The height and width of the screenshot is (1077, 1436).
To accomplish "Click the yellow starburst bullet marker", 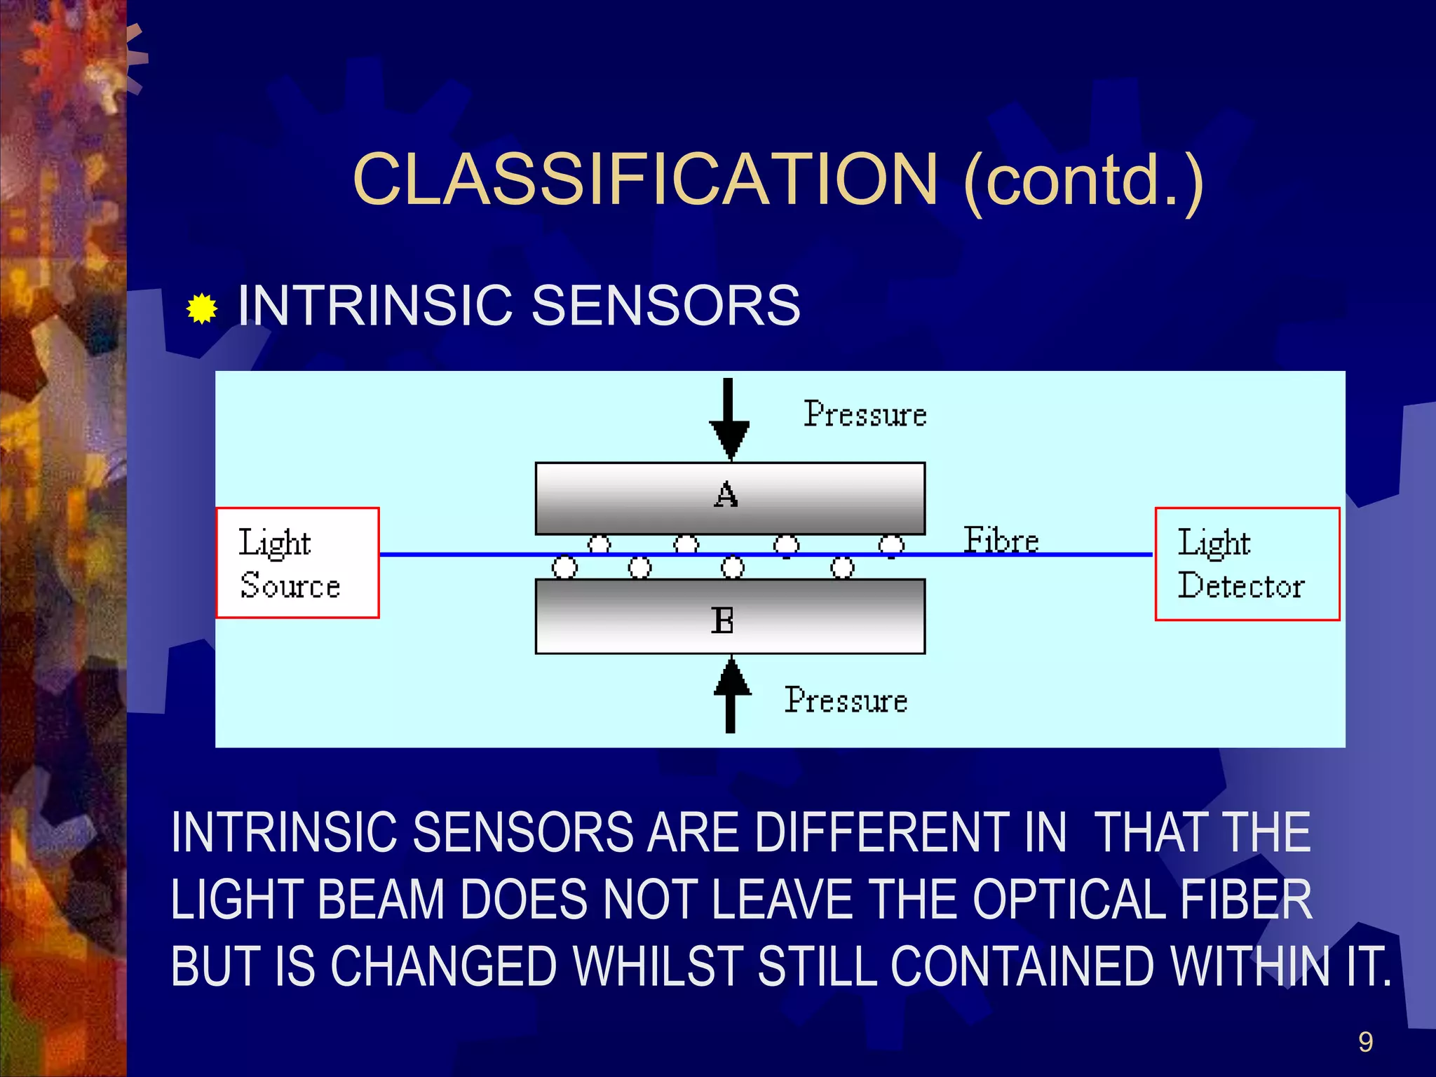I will pos(202,309).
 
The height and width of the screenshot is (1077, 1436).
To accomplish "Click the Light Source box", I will pos(297,563).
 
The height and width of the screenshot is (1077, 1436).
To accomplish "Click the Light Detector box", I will pos(1247,564).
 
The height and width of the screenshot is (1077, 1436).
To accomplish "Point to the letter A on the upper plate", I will pos(726,495).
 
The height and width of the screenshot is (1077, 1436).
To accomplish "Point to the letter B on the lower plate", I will pos(722,621).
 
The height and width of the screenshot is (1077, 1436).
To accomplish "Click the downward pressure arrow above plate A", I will pos(729,421).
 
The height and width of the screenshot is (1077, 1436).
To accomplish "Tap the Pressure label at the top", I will pos(865,414).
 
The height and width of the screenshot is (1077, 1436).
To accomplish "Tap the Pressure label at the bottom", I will pos(846,700).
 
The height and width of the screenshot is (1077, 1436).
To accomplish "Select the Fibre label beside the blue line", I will pos(1001,540).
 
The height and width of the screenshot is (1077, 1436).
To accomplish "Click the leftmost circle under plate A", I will pos(599,544).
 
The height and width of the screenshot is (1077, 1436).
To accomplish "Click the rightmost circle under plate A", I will pos(891,545).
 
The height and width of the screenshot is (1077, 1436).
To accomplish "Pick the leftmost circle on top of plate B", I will pos(564,567).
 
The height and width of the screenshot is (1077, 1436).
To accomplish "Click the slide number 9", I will pos(1365,1042).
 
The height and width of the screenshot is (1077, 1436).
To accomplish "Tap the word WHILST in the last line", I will pos(658,966).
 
